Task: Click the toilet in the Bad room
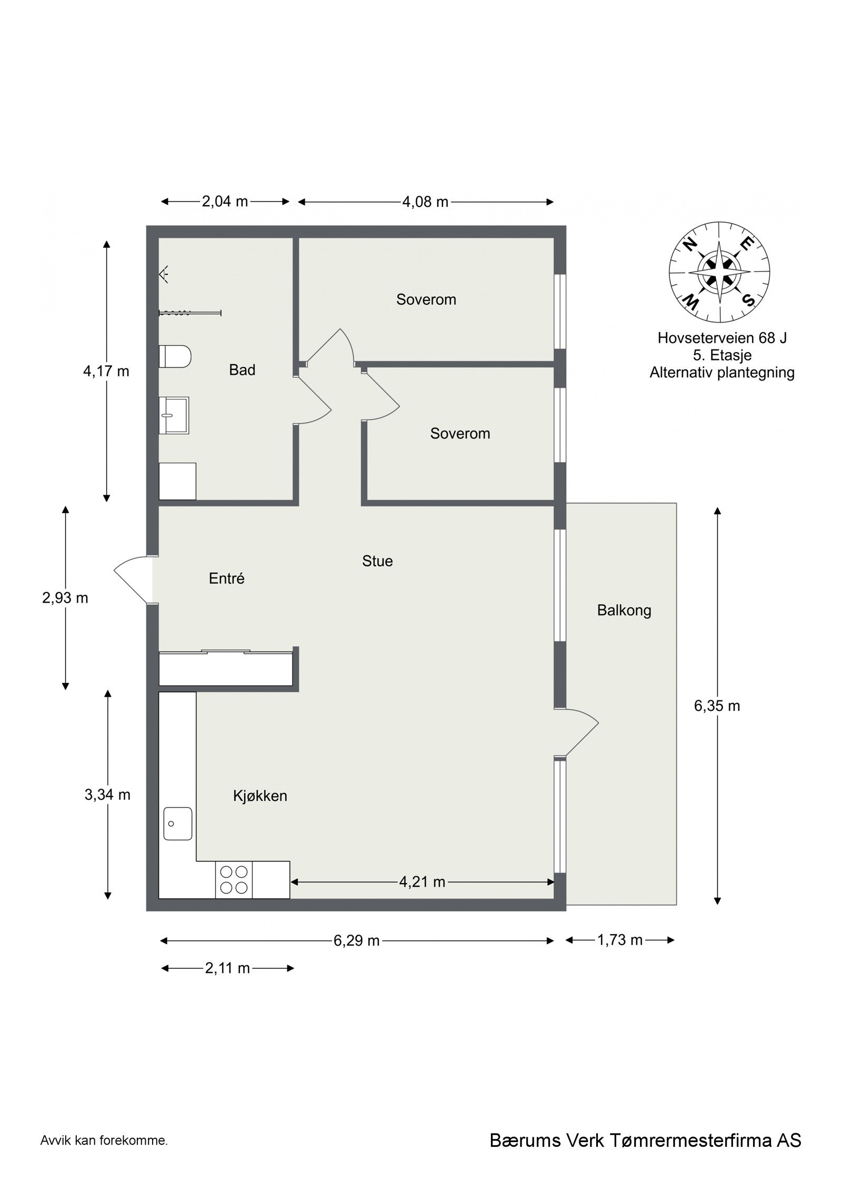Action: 175,357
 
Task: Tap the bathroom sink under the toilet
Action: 174,415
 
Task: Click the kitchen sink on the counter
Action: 177,824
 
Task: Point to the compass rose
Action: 719,272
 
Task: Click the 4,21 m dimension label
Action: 422,882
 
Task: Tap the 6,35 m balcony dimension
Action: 717,706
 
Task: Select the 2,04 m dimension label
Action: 225,202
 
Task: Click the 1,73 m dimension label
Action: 620,940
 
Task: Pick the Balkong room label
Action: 624,610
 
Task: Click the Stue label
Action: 377,561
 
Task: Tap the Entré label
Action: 226,578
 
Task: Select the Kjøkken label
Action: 260,795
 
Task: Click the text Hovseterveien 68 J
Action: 721,338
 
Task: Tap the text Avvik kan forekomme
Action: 104,1155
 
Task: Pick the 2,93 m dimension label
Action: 65,598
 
